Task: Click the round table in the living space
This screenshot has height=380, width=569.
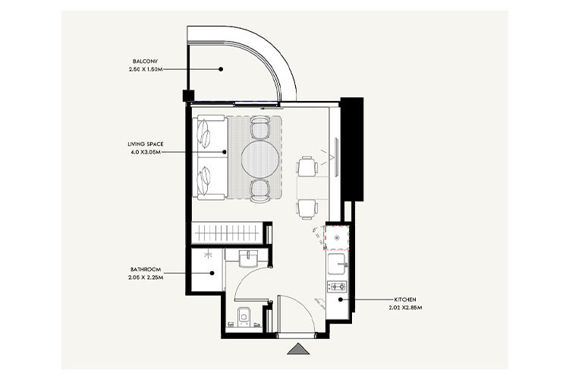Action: [260, 157]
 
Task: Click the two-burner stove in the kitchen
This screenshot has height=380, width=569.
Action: [336, 287]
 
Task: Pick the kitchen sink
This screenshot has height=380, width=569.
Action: [337, 265]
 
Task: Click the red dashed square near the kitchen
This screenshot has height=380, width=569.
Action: [336, 237]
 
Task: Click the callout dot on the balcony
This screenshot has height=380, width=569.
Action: [221, 68]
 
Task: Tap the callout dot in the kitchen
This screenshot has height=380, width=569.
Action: [341, 299]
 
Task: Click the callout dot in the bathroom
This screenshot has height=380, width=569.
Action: [212, 274]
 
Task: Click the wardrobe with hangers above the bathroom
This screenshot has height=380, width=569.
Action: [229, 231]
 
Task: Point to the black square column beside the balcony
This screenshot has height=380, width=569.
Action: [187, 96]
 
